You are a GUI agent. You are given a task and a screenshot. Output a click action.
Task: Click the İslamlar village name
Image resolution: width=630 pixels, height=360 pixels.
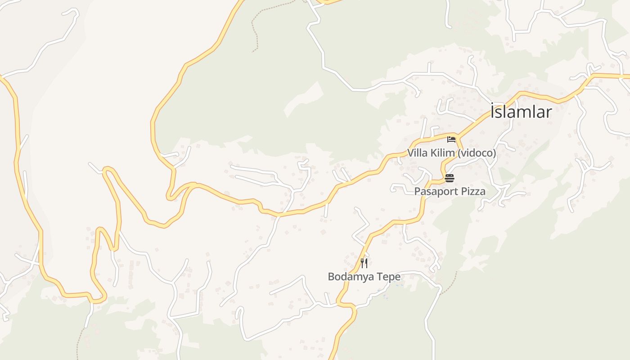pos(521,112)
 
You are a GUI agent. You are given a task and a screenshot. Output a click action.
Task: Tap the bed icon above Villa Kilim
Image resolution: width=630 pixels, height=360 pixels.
pos(451,139)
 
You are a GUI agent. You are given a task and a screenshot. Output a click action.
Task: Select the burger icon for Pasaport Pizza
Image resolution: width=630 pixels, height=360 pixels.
pos(450,178)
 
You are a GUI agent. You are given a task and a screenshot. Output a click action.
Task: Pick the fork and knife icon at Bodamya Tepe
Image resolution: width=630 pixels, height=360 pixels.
pos(364,263)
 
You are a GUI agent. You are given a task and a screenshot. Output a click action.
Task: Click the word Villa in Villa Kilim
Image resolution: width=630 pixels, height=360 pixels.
pos(418,153)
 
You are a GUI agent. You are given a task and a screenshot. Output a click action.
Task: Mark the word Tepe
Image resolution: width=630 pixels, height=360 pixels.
pos(390,276)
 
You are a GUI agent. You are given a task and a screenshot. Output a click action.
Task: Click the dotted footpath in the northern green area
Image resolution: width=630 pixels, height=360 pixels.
pos(255,27)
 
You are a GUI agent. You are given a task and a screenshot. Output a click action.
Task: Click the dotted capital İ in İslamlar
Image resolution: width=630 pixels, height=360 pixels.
pos(493,111)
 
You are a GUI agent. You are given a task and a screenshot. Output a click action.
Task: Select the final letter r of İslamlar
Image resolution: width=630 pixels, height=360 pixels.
pos(548,112)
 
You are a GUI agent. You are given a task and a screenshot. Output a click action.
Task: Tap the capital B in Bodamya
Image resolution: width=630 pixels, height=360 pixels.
pos(331,276)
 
